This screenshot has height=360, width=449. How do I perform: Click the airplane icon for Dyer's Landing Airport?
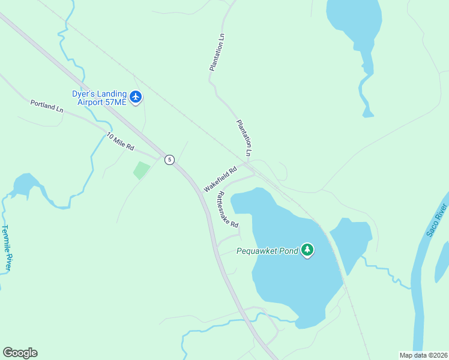pyautogui.click(x=136, y=97)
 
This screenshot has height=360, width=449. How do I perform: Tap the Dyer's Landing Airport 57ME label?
pyautogui.click(x=100, y=98)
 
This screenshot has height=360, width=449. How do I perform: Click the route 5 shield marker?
pyautogui.click(x=170, y=160)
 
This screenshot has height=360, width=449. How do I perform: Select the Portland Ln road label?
pyautogui.click(x=47, y=106)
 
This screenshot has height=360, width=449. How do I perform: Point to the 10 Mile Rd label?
pyautogui.click(x=120, y=142)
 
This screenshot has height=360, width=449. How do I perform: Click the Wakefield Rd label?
pyautogui.click(x=220, y=179)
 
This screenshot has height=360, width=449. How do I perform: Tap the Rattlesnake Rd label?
pyautogui.click(x=228, y=209)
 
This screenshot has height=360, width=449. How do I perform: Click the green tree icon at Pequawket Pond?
pyautogui.click(x=307, y=250)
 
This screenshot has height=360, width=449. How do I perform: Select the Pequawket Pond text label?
pyautogui.click(x=267, y=251)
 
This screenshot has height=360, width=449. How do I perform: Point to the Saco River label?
pyautogui.click(x=437, y=220)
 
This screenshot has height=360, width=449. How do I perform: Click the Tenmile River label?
pyautogui.click(x=6, y=248)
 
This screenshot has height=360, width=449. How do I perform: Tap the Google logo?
pyautogui.click(x=20, y=353)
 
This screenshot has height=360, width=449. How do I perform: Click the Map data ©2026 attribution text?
pyautogui.click(x=423, y=355)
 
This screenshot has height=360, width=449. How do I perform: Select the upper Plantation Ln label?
pyautogui.click(x=217, y=52)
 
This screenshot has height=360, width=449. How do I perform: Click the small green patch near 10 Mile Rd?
pyautogui.click(x=141, y=170)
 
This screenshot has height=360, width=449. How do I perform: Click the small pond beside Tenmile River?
pyautogui.click(x=25, y=184)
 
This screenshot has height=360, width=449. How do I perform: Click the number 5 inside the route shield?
pyautogui.click(x=170, y=160)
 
